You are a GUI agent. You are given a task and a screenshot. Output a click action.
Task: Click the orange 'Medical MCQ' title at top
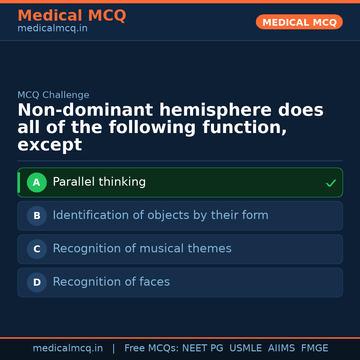72,16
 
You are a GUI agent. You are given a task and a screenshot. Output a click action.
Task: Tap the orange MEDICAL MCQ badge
299,22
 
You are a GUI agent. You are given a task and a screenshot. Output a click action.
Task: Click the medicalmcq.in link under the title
52,29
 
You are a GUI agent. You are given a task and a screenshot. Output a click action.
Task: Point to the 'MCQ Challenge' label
53,95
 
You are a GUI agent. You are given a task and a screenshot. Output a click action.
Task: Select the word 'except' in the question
49,145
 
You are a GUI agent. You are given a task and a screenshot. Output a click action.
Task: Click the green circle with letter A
37,183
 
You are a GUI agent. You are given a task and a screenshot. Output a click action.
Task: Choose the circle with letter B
37,216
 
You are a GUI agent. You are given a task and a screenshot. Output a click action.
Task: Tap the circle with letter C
37,249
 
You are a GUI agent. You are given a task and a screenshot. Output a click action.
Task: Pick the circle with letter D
37,283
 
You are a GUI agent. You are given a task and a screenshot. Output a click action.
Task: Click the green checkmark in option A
331,183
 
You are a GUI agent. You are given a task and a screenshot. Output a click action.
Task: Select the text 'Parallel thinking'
99,182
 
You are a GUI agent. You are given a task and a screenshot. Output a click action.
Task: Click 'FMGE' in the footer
314,348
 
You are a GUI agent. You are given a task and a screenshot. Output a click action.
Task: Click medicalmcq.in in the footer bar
68,348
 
